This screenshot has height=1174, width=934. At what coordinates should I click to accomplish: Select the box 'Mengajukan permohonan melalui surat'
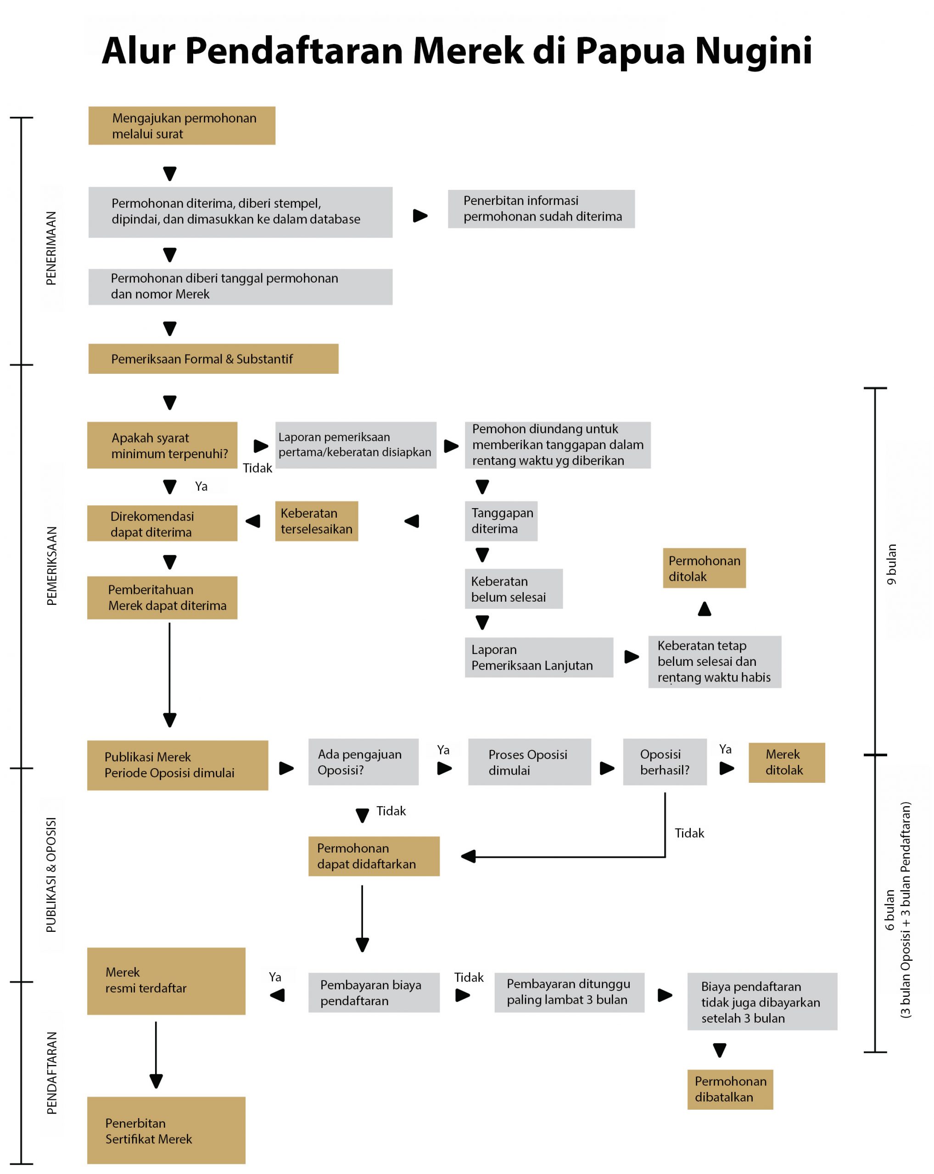[181, 126]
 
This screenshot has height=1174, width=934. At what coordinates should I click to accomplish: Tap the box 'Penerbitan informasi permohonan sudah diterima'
[541, 209]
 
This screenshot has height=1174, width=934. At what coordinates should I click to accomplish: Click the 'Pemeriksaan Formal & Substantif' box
[213, 359]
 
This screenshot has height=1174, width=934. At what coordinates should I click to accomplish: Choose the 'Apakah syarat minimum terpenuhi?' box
[162, 445]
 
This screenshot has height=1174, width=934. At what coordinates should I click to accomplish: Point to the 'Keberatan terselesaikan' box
[317, 521]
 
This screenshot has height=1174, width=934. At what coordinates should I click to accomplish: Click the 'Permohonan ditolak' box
[704, 568]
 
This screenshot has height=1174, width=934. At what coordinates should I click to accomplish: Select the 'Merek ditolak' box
[786, 762]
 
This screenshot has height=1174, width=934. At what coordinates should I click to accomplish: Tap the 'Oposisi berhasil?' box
[665, 762]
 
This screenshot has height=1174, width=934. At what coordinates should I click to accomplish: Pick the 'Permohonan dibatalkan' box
[730, 1090]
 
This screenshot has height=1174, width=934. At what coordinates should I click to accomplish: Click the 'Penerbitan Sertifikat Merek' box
[166, 1130]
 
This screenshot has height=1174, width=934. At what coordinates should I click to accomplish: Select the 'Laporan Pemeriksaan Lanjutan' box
[538, 657]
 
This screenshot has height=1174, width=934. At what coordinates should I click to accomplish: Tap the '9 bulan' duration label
[891, 565]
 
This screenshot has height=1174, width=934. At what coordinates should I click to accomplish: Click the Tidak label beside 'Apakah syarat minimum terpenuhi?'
[257, 468]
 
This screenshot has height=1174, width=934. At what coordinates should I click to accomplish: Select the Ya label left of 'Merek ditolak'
[725, 749]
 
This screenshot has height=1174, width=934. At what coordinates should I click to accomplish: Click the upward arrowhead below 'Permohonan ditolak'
[705, 608]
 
